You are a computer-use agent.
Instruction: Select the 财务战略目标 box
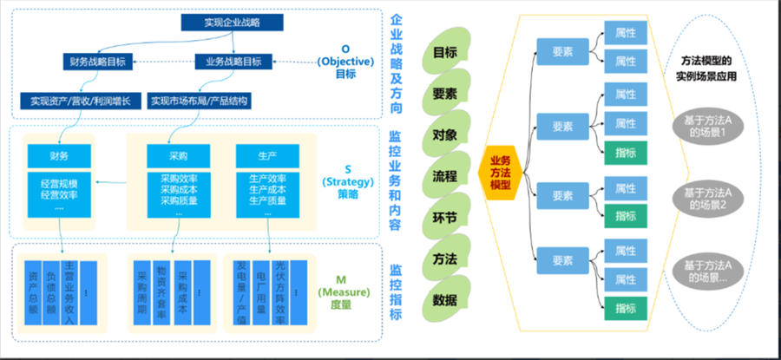tap(96, 62)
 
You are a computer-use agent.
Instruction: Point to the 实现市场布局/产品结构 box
tap(200, 101)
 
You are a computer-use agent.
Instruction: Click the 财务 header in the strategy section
tap(59, 155)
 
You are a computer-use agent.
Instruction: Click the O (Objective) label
tap(345, 62)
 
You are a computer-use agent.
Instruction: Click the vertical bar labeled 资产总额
tap(34, 294)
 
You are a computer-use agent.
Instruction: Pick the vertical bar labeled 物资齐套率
tap(161, 294)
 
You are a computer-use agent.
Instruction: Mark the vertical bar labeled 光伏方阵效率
tap(280, 294)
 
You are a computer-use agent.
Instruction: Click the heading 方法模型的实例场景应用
tap(705, 68)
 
